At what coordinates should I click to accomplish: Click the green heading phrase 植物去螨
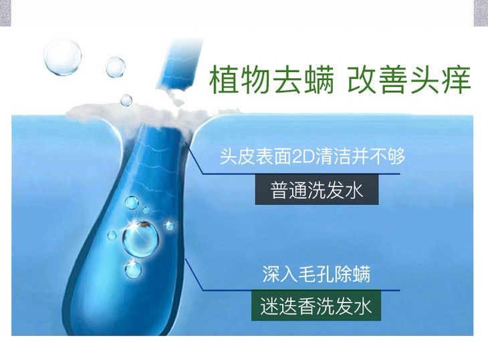coord(271,80)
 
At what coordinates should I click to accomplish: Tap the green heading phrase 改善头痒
coord(409,80)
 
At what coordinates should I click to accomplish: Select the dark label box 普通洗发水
coord(317,189)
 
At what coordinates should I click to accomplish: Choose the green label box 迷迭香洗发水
coord(316,306)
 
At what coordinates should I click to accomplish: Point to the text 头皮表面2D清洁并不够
coord(312,156)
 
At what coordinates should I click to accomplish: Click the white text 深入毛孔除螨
coord(316,274)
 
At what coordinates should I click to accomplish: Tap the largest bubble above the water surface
coord(63,56)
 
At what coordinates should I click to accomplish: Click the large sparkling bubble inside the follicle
coord(140,238)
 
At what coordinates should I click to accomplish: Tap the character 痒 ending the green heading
coord(457,80)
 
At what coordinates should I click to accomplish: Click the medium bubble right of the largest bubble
coord(115,67)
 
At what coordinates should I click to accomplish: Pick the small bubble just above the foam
coord(126,100)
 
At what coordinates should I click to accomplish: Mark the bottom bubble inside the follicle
coord(133,270)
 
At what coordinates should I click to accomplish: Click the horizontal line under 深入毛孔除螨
coord(301,291)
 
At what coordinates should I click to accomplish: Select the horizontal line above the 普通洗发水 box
coord(301,174)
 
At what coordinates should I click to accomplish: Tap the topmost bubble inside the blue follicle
coord(132,202)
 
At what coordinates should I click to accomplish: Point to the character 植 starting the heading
coord(224,80)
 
